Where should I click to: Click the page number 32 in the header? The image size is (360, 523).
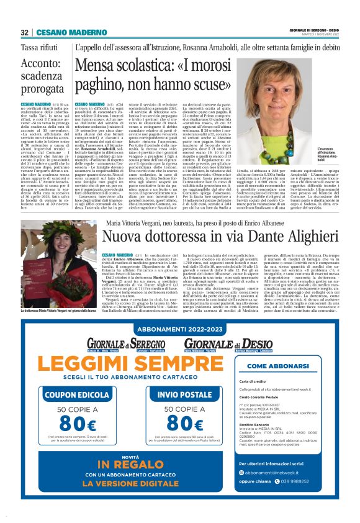(x=24, y=32)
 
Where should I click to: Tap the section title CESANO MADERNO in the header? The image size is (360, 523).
(x=63, y=32)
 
